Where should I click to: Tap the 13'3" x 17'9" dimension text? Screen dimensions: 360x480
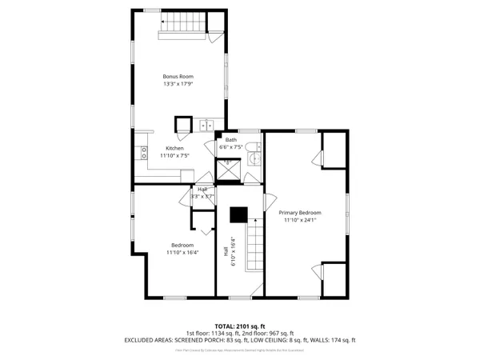coord(178,83)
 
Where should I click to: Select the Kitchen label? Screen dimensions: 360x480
coord(174,148)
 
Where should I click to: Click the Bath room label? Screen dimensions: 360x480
coord(230,140)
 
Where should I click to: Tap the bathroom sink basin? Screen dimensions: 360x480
coord(254,159)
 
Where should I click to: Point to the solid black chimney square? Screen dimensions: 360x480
coord(238,214)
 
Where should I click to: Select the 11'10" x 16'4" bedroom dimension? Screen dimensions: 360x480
coord(182,252)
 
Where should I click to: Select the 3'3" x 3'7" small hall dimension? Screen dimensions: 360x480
coord(202,196)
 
